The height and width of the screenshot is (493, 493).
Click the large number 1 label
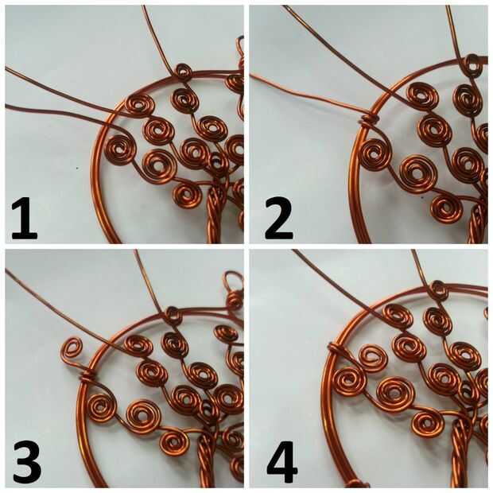click(x=24, y=218)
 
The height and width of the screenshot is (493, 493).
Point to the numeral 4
click(x=282, y=462)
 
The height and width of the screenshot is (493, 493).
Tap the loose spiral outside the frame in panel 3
click(x=72, y=350)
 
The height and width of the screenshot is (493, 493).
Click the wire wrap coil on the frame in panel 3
click(x=87, y=375)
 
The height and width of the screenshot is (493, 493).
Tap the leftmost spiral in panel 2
click(x=377, y=154)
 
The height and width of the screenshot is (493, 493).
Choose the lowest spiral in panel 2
click(x=446, y=208)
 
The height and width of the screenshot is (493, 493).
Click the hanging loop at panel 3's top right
click(x=233, y=280)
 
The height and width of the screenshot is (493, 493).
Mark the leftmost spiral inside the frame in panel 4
click(x=350, y=382)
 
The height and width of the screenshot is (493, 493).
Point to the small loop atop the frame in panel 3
click(x=173, y=314)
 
